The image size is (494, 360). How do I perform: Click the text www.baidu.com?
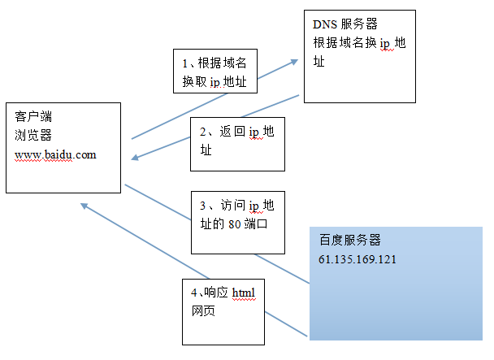click(x=55, y=154)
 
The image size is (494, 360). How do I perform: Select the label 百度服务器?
click(x=350, y=241)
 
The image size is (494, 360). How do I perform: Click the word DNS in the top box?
click(x=323, y=25)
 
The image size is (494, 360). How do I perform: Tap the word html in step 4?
click(x=244, y=293)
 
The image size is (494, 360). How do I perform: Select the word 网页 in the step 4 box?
click(x=204, y=310)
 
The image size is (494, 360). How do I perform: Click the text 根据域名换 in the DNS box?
click(x=344, y=44)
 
